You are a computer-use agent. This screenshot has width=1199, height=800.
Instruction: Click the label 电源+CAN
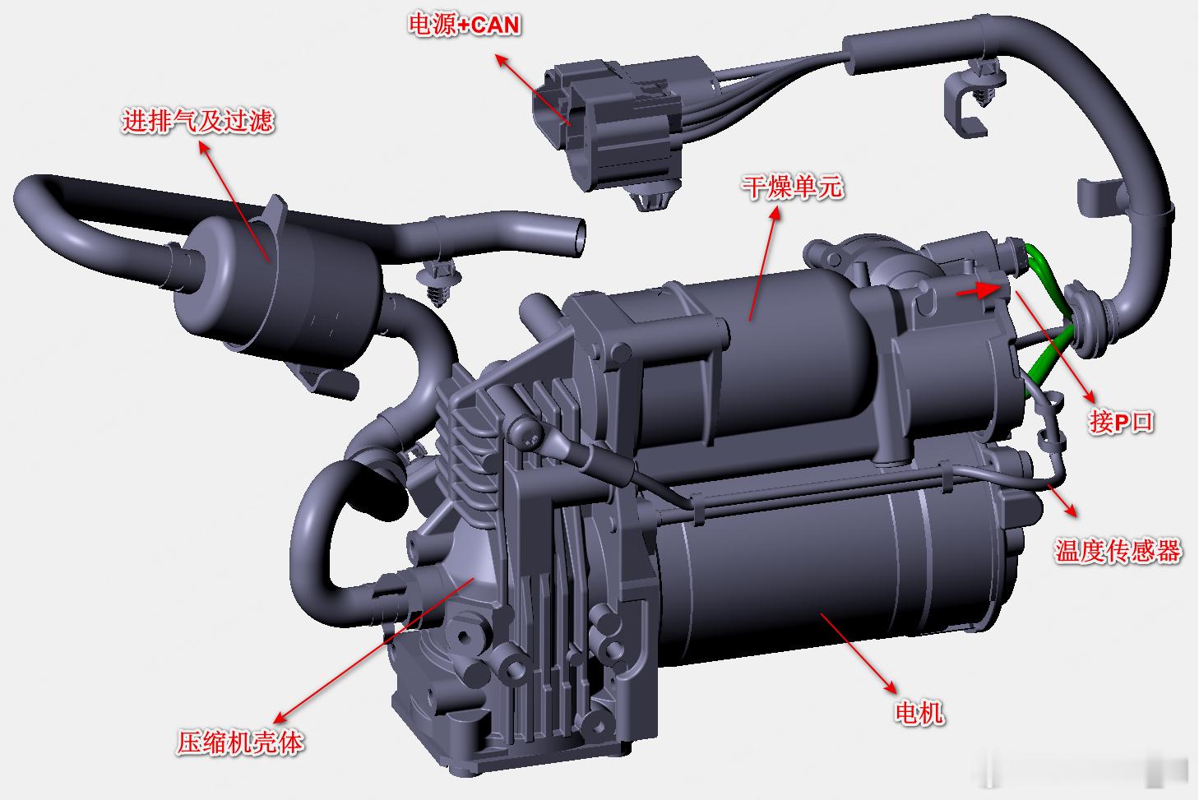(x=464, y=25)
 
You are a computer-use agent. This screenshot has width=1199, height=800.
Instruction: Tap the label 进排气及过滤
(x=198, y=120)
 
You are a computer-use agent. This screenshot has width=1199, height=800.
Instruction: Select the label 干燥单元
(x=793, y=187)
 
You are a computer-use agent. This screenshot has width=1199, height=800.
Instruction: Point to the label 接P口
(x=1121, y=422)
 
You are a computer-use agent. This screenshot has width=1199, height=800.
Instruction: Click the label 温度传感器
(x=1118, y=551)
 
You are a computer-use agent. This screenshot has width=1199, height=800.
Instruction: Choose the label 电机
(x=919, y=713)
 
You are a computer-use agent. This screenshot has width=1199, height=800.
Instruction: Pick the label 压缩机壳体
(x=240, y=742)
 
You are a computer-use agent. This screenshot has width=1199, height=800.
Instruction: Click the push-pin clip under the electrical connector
(x=652, y=198)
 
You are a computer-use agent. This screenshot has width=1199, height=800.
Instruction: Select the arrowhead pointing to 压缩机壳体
(x=280, y=717)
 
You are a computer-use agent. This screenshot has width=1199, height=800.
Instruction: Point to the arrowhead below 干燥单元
(x=775, y=215)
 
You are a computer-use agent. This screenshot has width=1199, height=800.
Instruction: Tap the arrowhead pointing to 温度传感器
(x=1071, y=511)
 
